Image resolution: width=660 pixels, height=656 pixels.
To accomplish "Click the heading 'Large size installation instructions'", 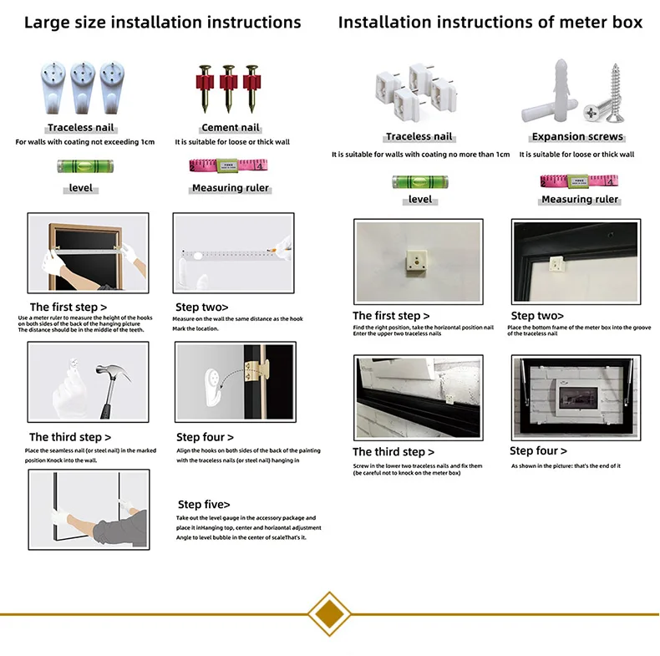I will point(162,23).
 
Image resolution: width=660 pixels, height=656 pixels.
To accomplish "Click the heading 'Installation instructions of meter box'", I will point(490,23).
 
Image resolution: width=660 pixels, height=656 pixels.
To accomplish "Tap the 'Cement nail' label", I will point(231,128).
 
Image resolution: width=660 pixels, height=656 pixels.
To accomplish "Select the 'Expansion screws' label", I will point(577,137).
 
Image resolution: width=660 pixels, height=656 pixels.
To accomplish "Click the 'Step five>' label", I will point(203,505).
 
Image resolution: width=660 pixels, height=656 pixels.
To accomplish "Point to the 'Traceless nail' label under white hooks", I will point(81,128).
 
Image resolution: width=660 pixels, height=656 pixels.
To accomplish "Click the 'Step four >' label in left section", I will point(205,437).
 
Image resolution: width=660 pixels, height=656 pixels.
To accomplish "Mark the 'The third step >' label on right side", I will point(393,452).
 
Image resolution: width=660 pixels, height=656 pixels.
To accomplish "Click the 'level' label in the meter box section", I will point(420,200).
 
